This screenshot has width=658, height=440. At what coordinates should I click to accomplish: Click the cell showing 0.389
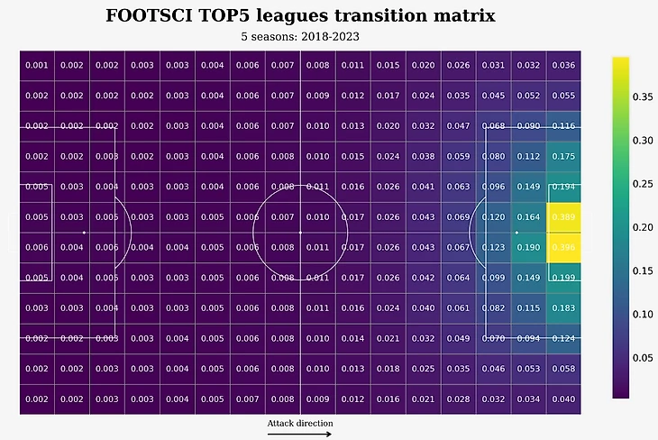click(x=563, y=217)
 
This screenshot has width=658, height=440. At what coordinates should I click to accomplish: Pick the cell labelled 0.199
click(x=563, y=278)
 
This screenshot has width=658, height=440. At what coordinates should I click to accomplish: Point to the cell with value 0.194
click(x=563, y=187)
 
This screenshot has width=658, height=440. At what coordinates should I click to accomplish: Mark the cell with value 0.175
click(x=563, y=156)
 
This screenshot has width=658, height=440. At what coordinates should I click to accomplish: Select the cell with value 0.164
click(x=528, y=217)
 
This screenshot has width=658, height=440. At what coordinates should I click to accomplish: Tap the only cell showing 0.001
click(x=37, y=65)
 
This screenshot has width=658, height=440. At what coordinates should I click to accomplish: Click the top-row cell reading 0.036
click(x=563, y=65)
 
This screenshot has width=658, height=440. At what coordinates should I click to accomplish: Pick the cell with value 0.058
click(x=563, y=369)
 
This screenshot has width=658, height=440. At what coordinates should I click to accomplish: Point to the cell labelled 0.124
click(x=563, y=338)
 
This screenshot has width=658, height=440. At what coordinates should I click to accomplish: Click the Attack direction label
click(x=300, y=423)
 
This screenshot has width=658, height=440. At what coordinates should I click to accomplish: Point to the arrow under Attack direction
click(x=300, y=434)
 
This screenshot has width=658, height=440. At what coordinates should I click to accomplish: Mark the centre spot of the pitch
click(x=300, y=233)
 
